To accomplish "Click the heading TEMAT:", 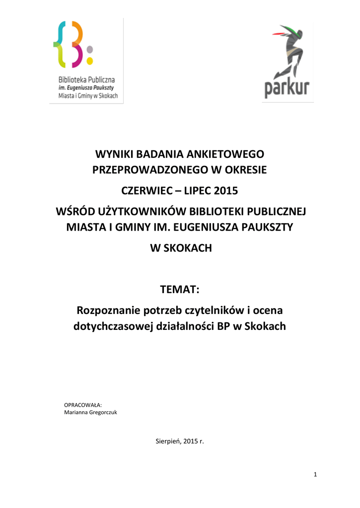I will [x=180, y=289].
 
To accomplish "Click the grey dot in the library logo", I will [x=90, y=49].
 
